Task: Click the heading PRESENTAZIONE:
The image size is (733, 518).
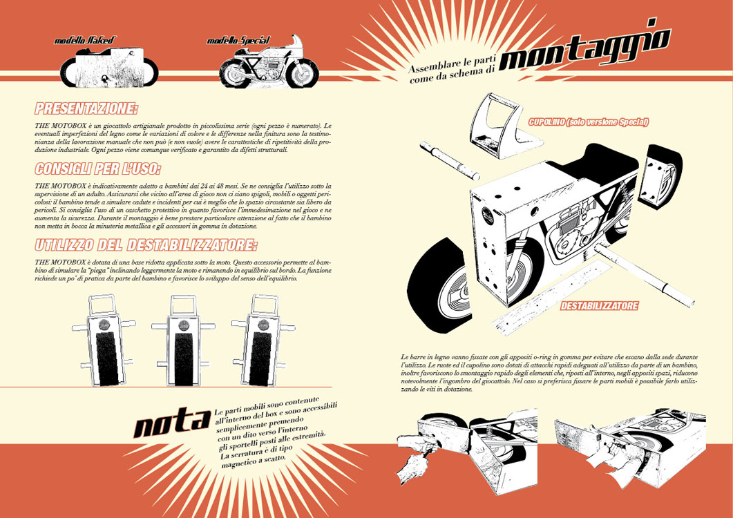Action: tap(86, 108)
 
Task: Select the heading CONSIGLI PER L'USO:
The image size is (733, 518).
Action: tap(98, 169)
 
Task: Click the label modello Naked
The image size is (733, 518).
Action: tap(86, 41)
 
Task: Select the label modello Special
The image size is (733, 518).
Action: tap(238, 41)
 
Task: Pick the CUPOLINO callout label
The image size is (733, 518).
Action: tap(588, 122)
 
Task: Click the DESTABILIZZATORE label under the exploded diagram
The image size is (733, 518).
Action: tap(599, 305)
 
